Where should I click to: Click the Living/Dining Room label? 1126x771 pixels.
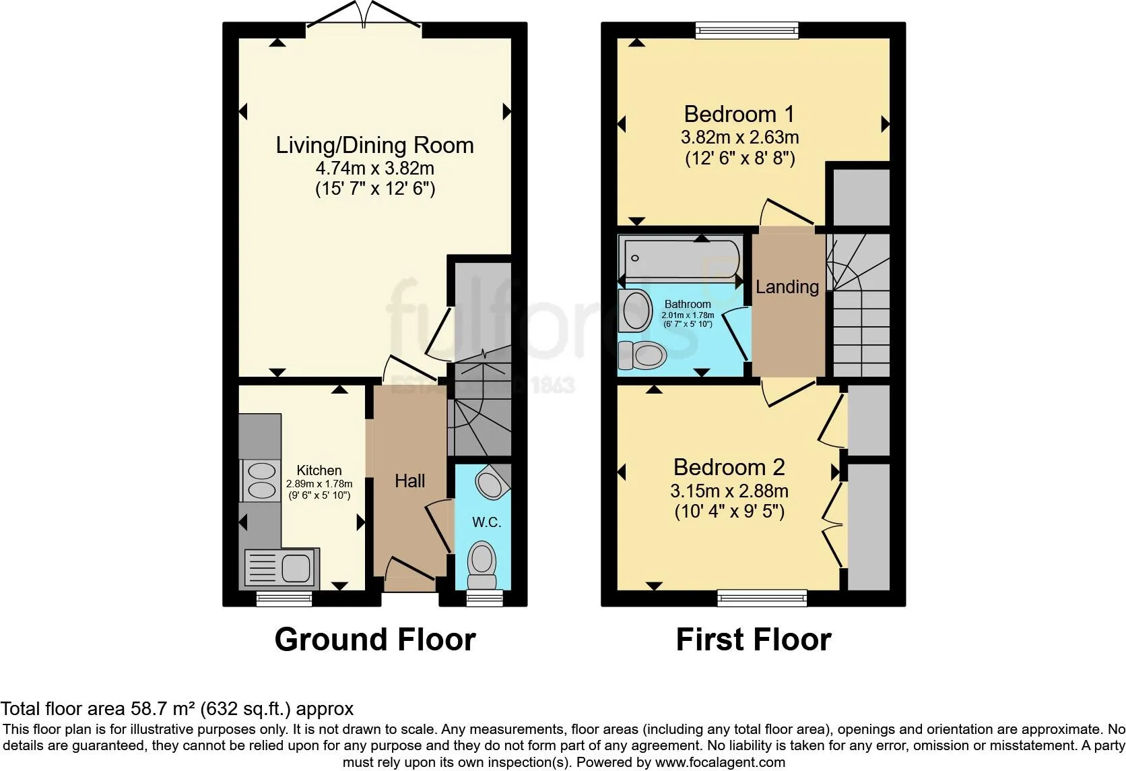(x=374, y=146)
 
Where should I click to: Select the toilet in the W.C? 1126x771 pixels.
(x=482, y=565)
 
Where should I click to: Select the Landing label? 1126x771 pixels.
(x=787, y=287)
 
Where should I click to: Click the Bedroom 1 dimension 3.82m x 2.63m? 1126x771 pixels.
(x=739, y=137)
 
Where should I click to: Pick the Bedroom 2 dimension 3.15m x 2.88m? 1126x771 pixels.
(x=729, y=491)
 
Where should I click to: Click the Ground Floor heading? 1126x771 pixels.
(x=375, y=640)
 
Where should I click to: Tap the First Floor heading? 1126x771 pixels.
(x=753, y=640)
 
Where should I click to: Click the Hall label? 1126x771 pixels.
(x=409, y=481)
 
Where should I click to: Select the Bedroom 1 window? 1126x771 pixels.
(x=747, y=29)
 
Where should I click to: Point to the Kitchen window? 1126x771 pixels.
(x=284, y=598)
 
